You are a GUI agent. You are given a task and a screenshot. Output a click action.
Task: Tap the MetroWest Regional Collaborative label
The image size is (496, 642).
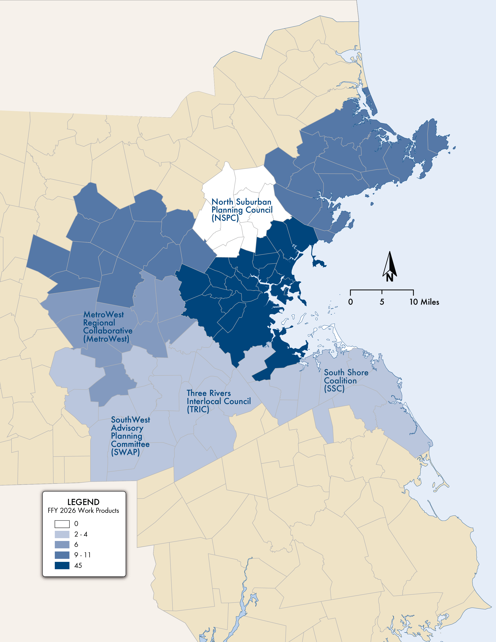pos(108,327)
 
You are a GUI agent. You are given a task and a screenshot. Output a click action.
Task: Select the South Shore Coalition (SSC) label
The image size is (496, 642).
pos(346,380)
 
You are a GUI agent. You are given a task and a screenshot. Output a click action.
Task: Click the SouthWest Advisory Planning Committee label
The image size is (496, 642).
pos(130,436)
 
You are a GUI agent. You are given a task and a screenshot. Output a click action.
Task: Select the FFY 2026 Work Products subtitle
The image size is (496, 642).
pos(83,511)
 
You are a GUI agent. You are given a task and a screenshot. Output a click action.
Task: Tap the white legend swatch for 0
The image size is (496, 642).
pos(62,524)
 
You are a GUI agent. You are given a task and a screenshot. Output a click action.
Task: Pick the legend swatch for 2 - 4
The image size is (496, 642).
pos(62,534)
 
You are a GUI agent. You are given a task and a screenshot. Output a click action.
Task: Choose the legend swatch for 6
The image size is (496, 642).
pos(62,544)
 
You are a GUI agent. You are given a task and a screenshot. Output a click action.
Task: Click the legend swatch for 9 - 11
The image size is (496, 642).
pos(62,555)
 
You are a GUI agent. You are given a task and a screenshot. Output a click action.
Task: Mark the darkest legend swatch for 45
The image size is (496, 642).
pos(62,565)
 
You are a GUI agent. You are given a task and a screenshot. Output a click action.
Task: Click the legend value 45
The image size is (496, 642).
pos(78,565)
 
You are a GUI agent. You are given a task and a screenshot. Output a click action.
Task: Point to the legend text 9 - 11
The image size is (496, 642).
pos(82,555)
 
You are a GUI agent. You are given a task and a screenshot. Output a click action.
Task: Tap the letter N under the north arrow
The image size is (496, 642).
pos(390,277)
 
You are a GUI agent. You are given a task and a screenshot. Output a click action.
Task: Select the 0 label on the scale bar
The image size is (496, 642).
pos(350,302)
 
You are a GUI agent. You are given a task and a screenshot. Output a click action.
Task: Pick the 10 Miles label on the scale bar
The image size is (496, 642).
pos(424,302)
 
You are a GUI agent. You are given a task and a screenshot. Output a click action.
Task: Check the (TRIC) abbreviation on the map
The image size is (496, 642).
pos(198,410)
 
